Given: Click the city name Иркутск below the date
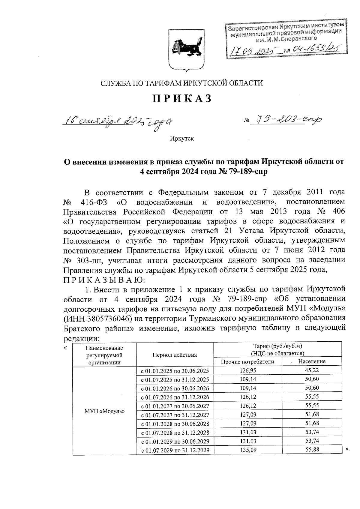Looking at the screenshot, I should pyautogui.click(x=182, y=139).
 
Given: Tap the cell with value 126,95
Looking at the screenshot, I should pyautogui.click(x=248, y=370).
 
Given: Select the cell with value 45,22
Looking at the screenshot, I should pyautogui.click(x=312, y=370).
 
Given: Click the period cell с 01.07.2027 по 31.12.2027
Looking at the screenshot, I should pyautogui.click(x=175, y=415).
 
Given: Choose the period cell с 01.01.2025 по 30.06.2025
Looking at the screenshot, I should pyautogui.click(x=175, y=371).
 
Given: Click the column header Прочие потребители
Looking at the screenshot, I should pyautogui.click(x=247, y=362).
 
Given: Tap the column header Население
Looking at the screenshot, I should pyautogui.click(x=312, y=362).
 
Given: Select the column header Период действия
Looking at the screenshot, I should pyautogui.click(x=175, y=355).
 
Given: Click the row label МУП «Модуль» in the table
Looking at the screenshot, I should pyautogui.click(x=104, y=411).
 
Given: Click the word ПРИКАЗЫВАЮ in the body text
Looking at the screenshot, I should pyautogui.click(x=104, y=280).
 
